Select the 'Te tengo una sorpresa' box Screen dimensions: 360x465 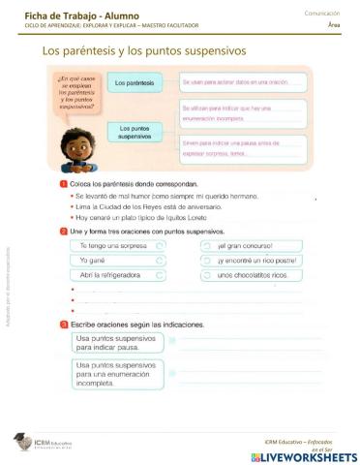pyautogui.click(x=115, y=246)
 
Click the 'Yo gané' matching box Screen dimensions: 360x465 pyautogui.click(x=115, y=261)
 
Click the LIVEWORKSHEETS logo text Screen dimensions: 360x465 pyautogui.click(x=309, y=455)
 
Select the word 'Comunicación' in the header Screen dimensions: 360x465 pyautogui.click(x=322, y=13)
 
